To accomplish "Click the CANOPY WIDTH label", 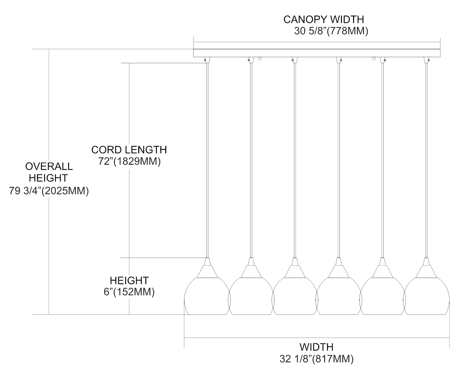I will coord(324,19).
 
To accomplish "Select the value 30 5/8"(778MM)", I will coord(331,31).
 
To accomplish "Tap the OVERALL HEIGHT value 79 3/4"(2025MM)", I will coord(49,191).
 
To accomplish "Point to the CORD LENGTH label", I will coord(129,150).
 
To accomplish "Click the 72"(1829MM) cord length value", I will coord(129,161).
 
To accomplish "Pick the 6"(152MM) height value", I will coord(129,292).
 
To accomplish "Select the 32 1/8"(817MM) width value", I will coord(316,359).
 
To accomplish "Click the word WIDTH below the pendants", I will coord(316,347).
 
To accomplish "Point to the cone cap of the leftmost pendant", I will coord(207,268).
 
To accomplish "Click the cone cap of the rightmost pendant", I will coord(426,268).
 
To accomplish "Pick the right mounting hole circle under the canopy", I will coord(374,58).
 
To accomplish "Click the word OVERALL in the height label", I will coord(49,166).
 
